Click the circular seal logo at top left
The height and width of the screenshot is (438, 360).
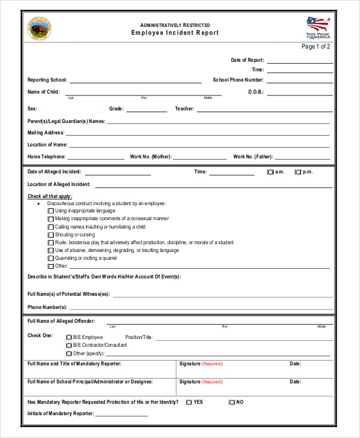(x=40, y=28)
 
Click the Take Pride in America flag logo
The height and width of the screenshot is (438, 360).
(x=318, y=27)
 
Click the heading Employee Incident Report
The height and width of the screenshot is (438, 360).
(x=175, y=33)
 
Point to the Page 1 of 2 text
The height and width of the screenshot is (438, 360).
(x=316, y=47)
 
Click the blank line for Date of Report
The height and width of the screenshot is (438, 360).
(x=299, y=61)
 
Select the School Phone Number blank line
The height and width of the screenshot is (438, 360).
(x=299, y=80)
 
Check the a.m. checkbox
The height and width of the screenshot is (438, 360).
(x=270, y=172)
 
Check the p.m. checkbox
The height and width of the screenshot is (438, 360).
(x=298, y=172)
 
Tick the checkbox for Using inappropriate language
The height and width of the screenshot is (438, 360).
(x=50, y=211)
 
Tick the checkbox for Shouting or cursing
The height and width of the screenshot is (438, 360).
(x=50, y=235)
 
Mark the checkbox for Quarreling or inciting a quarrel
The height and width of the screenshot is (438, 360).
(x=50, y=258)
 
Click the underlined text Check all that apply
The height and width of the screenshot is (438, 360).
(x=50, y=196)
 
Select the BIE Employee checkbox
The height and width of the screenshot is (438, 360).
(x=68, y=338)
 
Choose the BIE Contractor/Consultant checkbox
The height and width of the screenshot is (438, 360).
(x=68, y=346)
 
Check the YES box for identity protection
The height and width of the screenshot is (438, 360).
(x=189, y=402)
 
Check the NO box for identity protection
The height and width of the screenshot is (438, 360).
(x=232, y=402)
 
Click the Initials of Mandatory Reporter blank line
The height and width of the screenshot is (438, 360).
(x=121, y=415)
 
